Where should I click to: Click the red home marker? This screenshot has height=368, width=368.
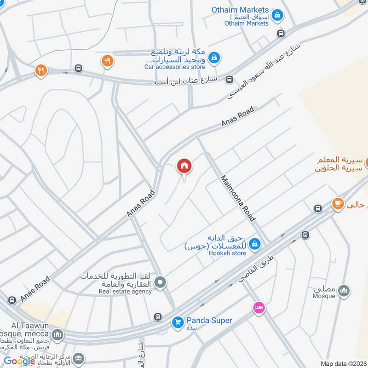click(x=184, y=166)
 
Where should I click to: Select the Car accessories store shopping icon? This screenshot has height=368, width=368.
click(x=213, y=57)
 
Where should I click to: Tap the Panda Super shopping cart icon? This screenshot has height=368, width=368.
click(x=178, y=323)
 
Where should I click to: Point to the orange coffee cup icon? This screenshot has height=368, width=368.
click(x=339, y=203)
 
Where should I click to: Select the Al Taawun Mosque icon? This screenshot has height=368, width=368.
click(x=57, y=334)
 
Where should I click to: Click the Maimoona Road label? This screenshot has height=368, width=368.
click(x=237, y=198)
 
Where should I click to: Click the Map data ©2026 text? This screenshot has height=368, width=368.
click(x=343, y=364)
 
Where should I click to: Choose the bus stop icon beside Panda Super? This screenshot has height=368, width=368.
click(x=158, y=317)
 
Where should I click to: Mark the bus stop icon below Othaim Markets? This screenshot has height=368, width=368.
click(x=281, y=33)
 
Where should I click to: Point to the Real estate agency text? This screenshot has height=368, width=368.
click(x=126, y=291)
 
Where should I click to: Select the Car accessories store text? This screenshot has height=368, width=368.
click(x=175, y=67)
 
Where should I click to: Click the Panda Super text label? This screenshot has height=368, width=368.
click(x=209, y=321)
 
